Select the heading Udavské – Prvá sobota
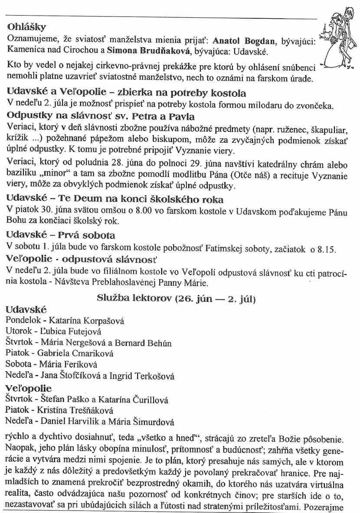point(61,235)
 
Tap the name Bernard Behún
point(149,343)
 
